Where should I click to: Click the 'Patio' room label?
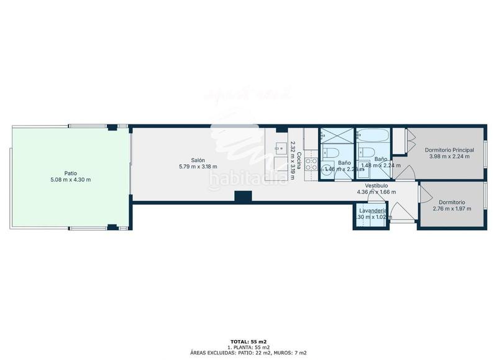tap(71, 173)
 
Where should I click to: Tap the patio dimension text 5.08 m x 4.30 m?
tap(71, 180)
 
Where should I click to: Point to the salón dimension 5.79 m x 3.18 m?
tap(198, 166)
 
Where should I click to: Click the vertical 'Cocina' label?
tap(299, 162)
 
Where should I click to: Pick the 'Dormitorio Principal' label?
tap(449, 150)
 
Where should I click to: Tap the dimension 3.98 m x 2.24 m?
tap(449, 157)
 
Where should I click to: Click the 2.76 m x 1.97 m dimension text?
tap(452, 209)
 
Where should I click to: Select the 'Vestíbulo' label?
tap(376, 185)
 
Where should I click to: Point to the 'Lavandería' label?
tap(373, 211)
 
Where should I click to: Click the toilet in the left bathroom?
tap(331, 155)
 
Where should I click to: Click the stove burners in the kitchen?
tap(311, 164)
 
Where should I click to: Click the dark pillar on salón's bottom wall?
tap(242, 196)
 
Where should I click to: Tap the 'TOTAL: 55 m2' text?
tap(248, 341)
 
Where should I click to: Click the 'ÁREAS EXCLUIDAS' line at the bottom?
tap(248, 353)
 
